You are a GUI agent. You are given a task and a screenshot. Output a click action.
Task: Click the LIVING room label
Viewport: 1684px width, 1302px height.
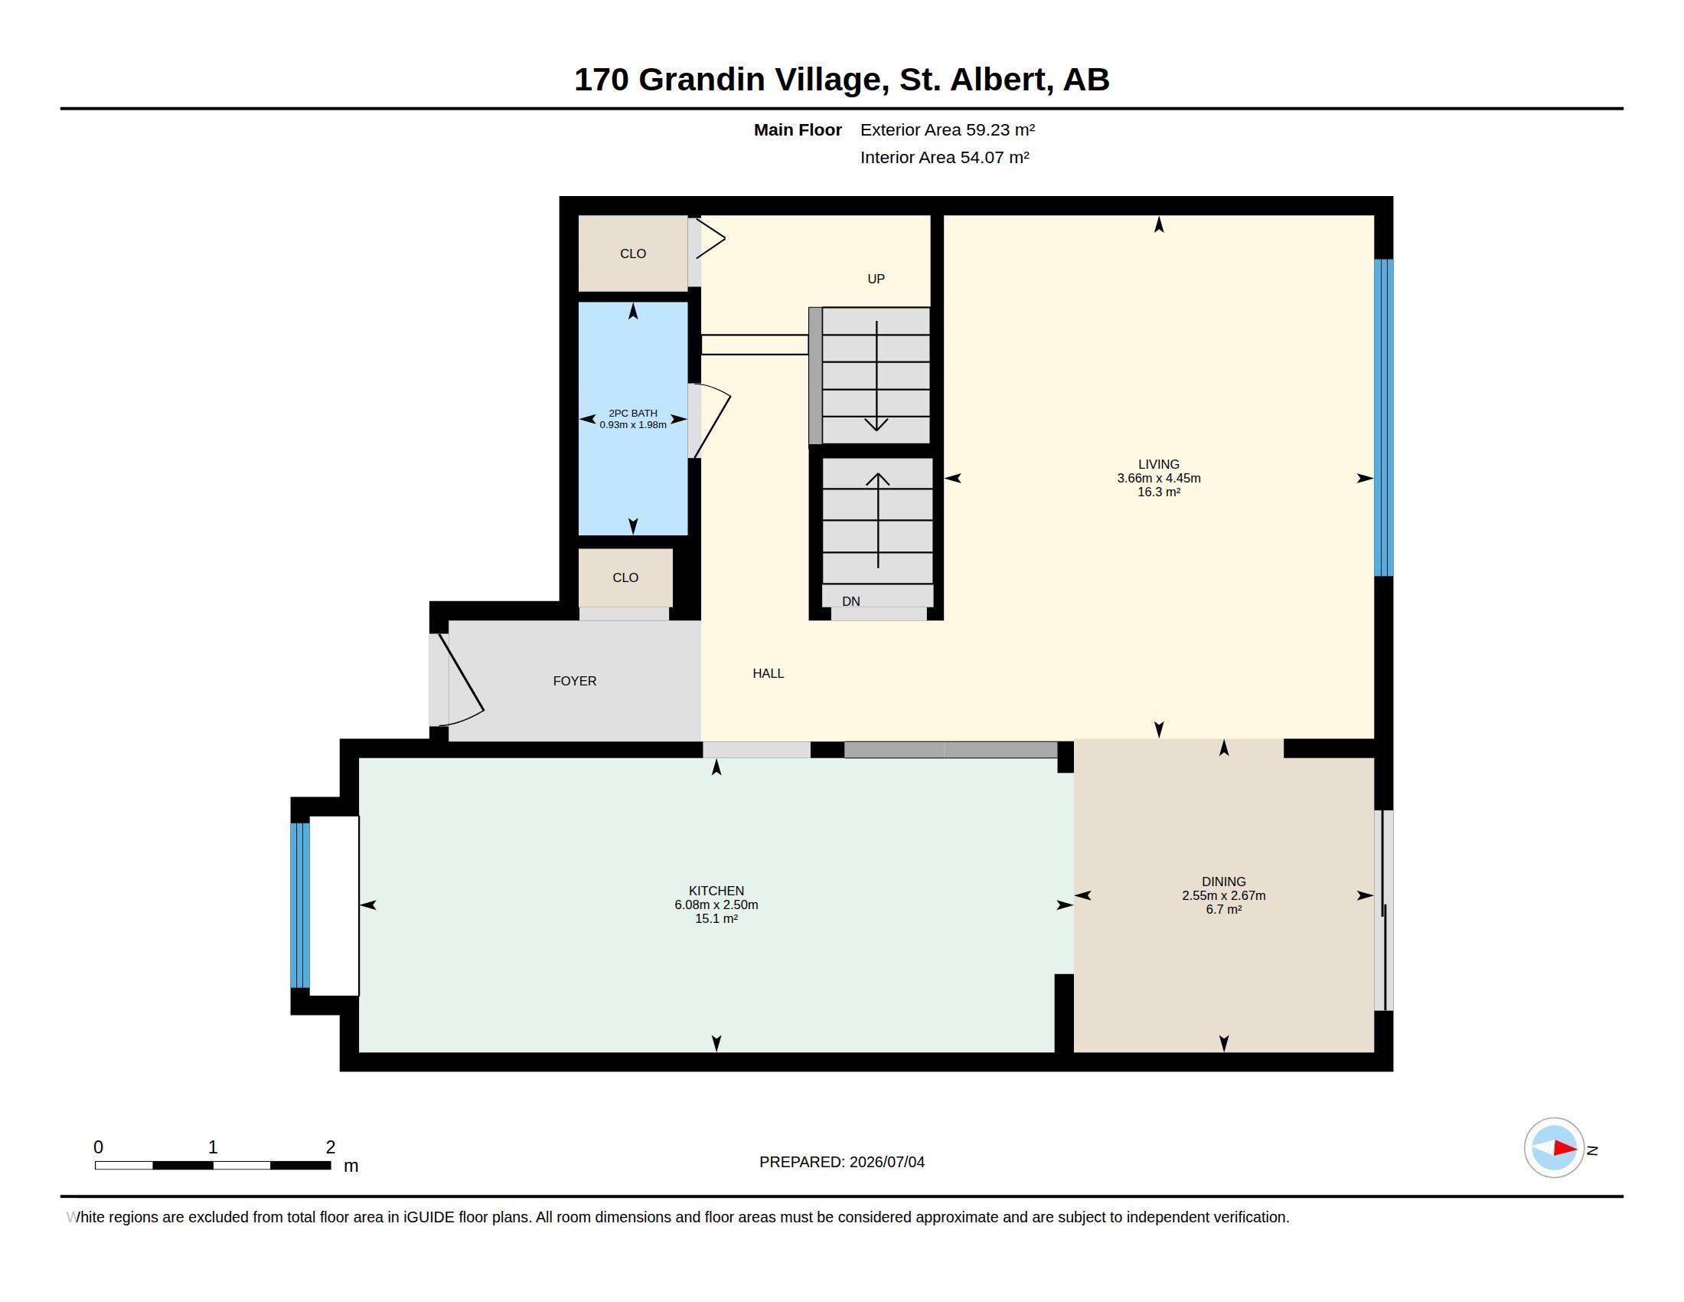click(1158, 464)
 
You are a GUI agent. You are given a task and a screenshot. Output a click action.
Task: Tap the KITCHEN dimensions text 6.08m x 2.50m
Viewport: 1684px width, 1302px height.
click(716, 905)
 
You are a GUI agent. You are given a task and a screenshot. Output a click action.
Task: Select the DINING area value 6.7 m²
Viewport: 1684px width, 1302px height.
click(1224, 909)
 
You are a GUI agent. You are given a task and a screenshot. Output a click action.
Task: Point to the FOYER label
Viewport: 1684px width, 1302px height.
click(574, 681)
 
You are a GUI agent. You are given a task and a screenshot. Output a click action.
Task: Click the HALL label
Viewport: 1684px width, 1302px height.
click(768, 673)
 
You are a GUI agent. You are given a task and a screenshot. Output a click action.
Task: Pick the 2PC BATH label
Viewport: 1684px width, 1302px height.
click(633, 414)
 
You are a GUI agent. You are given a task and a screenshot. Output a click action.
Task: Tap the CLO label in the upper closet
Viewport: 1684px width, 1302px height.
click(633, 254)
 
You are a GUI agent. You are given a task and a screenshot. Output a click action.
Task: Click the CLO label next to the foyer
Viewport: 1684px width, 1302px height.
click(625, 577)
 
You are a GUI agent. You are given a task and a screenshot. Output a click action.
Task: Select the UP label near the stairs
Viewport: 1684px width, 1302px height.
click(876, 280)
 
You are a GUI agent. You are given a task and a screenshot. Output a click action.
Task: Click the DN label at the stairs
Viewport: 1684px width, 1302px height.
click(850, 602)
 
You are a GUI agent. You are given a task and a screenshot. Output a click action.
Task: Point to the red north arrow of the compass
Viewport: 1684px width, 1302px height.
click(1565, 1148)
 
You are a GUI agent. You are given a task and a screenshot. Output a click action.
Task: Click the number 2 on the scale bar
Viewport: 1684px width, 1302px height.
click(331, 1147)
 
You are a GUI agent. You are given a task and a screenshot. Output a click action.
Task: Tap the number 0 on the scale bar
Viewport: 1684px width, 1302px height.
click(99, 1147)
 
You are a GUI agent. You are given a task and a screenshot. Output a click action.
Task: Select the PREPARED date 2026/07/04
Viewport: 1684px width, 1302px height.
click(886, 1162)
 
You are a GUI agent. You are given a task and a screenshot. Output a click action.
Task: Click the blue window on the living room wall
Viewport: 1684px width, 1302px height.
click(1384, 417)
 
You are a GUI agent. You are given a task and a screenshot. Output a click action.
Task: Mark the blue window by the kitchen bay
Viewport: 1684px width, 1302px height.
click(300, 905)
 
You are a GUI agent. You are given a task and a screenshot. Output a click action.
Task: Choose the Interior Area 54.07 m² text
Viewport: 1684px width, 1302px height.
click(945, 157)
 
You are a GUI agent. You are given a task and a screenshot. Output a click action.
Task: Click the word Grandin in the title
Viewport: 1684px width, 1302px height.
click(702, 80)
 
